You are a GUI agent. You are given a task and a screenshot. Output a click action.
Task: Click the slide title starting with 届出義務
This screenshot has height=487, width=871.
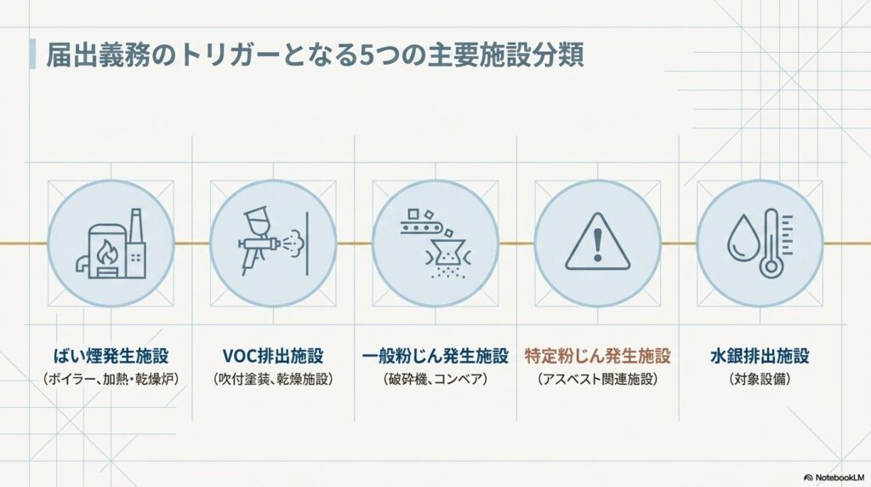click(x=315, y=55)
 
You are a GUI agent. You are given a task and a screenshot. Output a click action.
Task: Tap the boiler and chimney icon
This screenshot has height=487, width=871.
click(x=111, y=243)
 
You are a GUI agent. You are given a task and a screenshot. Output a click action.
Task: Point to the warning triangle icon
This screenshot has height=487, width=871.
click(x=598, y=242)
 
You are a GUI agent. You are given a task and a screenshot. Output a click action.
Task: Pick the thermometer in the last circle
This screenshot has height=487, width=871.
click(x=776, y=243)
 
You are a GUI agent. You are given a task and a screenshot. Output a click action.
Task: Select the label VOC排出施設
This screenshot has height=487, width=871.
click(x=273, y=356)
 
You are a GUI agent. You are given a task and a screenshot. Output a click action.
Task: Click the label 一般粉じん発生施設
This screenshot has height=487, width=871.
click(x=435, y=356)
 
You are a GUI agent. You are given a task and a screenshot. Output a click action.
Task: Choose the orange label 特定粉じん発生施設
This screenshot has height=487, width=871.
click(x=598, y=356)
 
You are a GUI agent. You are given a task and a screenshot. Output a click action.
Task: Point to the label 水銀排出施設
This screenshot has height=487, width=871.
click(x=760, y=356)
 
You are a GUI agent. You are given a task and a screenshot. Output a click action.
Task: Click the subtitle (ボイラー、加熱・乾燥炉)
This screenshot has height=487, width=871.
click(x=111, y=379)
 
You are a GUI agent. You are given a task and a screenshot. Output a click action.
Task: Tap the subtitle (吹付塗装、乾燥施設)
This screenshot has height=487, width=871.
click(x=273, y=379)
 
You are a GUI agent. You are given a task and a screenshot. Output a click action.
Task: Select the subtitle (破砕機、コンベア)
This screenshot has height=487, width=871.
click(x=435, y=379)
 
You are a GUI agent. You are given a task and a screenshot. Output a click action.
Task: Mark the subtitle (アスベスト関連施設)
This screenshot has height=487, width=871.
click(x=598, y=379)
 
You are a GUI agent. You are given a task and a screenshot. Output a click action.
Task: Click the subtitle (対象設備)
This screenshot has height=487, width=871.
click(x=760, y=379)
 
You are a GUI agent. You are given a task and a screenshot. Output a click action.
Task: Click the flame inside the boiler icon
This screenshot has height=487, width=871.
click(x=105, y=254)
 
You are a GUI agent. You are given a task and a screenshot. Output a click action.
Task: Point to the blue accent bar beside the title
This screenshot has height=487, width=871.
click(x=32, y=54)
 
